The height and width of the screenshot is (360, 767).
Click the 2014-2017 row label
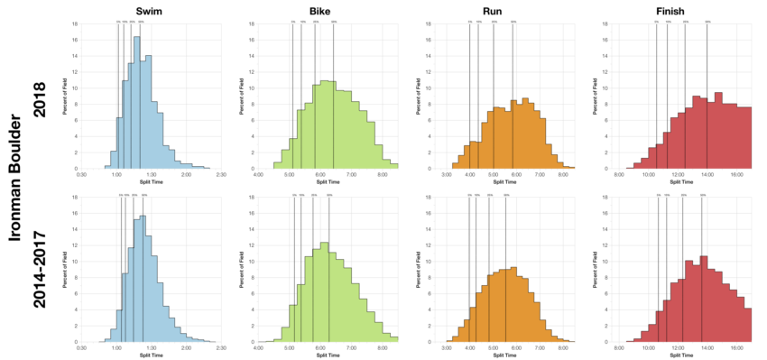click(x=40, y=268)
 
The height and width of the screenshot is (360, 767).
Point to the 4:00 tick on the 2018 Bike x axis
click(x=259, y=174)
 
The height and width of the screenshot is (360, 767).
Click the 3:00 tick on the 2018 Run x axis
click(x=446, y=174)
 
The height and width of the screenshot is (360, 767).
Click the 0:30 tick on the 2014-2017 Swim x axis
click(x=82, y=347)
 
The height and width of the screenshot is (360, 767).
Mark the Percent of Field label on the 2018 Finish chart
click(x=600, y=92)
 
